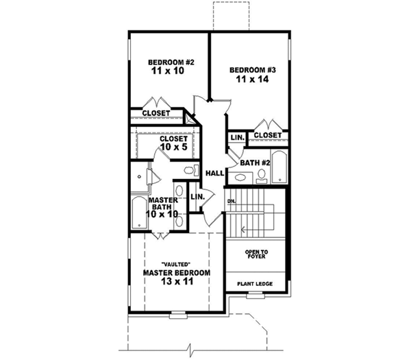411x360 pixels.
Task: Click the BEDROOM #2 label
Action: click(x=171, y=62)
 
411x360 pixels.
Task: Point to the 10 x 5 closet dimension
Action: click(x=173, y=147)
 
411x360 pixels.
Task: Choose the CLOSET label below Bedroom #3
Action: click(x=267, y=136)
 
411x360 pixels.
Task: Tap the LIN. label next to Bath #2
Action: click(x=237, y=138)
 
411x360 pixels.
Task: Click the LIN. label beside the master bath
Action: click(x=198, y=197)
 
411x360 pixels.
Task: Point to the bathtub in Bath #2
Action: click(x=279, y=167)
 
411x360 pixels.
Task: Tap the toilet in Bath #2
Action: click(x=261, y=178)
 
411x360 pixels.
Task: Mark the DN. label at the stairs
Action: click(x=232, y=201)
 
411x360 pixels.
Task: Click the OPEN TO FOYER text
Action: click(x=257, y=255)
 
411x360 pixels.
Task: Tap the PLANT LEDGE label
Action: click(x=256, y=283)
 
